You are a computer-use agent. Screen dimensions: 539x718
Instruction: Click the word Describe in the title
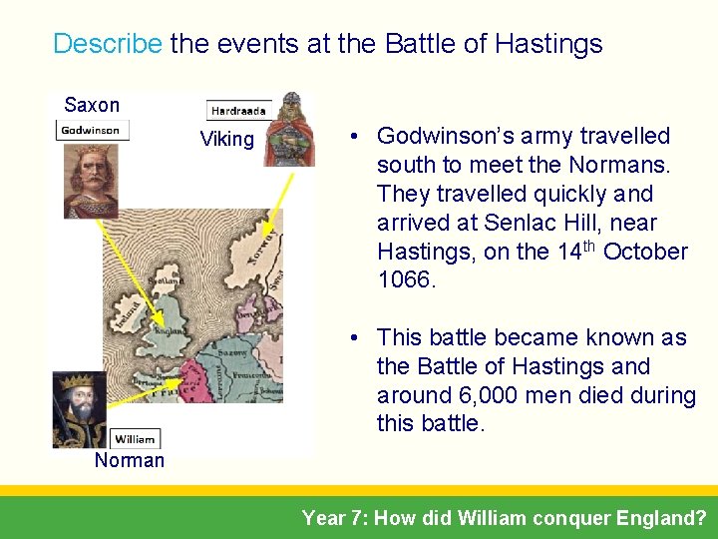(x=107, y=44)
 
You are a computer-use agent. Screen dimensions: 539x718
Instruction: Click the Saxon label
(x=92, y=105)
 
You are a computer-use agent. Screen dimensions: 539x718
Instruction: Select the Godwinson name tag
(x=91, y=130)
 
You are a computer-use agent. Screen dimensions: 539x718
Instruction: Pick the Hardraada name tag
(x=238, y=111)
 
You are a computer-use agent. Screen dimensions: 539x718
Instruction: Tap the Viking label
(x=227, y=140)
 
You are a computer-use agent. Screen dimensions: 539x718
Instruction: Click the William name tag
(x=134, y=439)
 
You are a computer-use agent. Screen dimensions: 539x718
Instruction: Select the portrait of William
(x=79, y=409)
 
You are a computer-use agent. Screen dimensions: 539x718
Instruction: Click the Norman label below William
(x=130, y=460)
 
